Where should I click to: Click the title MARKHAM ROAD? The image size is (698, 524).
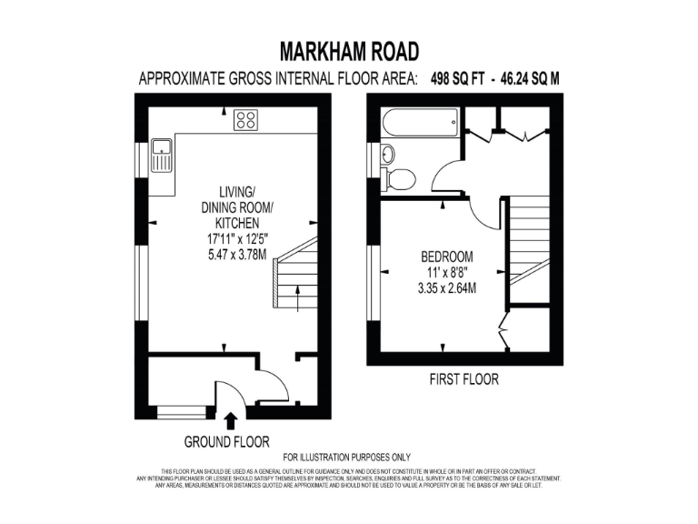(349, 50)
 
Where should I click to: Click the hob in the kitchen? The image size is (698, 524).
(245, 118)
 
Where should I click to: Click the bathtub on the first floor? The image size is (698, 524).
(420, 122)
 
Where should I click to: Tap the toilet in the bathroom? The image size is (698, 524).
(398, 177)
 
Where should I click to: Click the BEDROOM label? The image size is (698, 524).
(446, 257)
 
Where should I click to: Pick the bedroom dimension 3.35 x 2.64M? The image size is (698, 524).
(446, 288)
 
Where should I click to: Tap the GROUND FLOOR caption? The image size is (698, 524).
(227, 442)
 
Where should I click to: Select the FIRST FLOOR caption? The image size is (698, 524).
(464, 378)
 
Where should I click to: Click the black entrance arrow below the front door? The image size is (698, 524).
(230, 420)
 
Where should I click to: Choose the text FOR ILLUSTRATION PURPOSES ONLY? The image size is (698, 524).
(347, 457)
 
